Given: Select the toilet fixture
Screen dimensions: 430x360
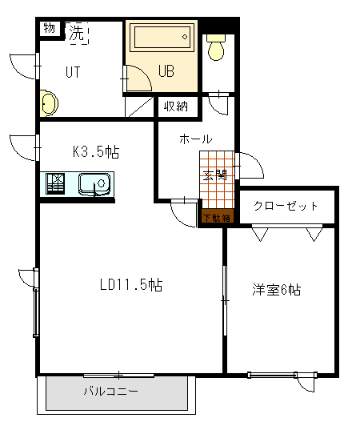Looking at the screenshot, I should (216, 48).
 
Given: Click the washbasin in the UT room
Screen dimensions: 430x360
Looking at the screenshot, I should (49, 103).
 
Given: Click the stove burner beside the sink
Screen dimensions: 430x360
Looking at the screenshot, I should (56, 184).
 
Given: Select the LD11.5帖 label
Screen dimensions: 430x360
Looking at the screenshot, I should (131, 284).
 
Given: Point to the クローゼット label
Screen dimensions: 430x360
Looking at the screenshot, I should (286, 206).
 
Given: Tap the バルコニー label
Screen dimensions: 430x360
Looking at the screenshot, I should (111, 392).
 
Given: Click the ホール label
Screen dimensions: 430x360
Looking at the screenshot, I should (195, 139).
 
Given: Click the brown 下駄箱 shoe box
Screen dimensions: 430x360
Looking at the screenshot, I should (216, 217).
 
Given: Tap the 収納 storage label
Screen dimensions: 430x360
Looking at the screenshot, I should (176, 106).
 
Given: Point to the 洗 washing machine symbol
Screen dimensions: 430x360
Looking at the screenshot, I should (76, 33).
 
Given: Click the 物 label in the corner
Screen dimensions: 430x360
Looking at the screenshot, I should (50, 28).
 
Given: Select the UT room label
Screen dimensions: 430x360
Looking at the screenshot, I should (73, 71).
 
